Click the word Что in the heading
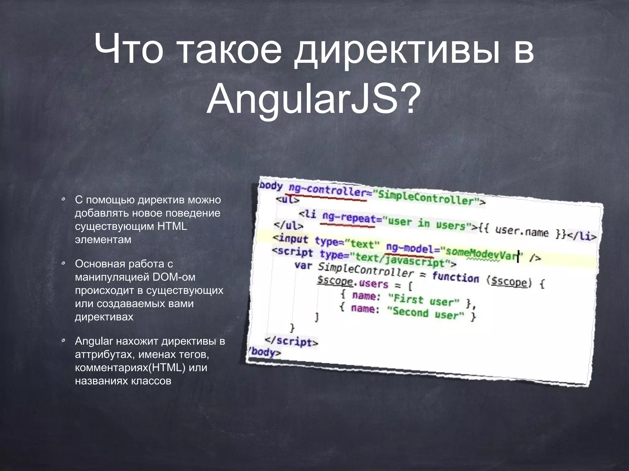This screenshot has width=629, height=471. click(129, 49)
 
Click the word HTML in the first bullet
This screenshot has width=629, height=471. click(172, 226)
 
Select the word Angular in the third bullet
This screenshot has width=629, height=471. click(94, 341)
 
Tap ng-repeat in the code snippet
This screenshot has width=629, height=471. click(349, 217)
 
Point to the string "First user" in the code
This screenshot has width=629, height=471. click(424, 300)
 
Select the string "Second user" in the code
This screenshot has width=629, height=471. click(425, 313)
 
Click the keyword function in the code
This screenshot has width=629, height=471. click(455, 277)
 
